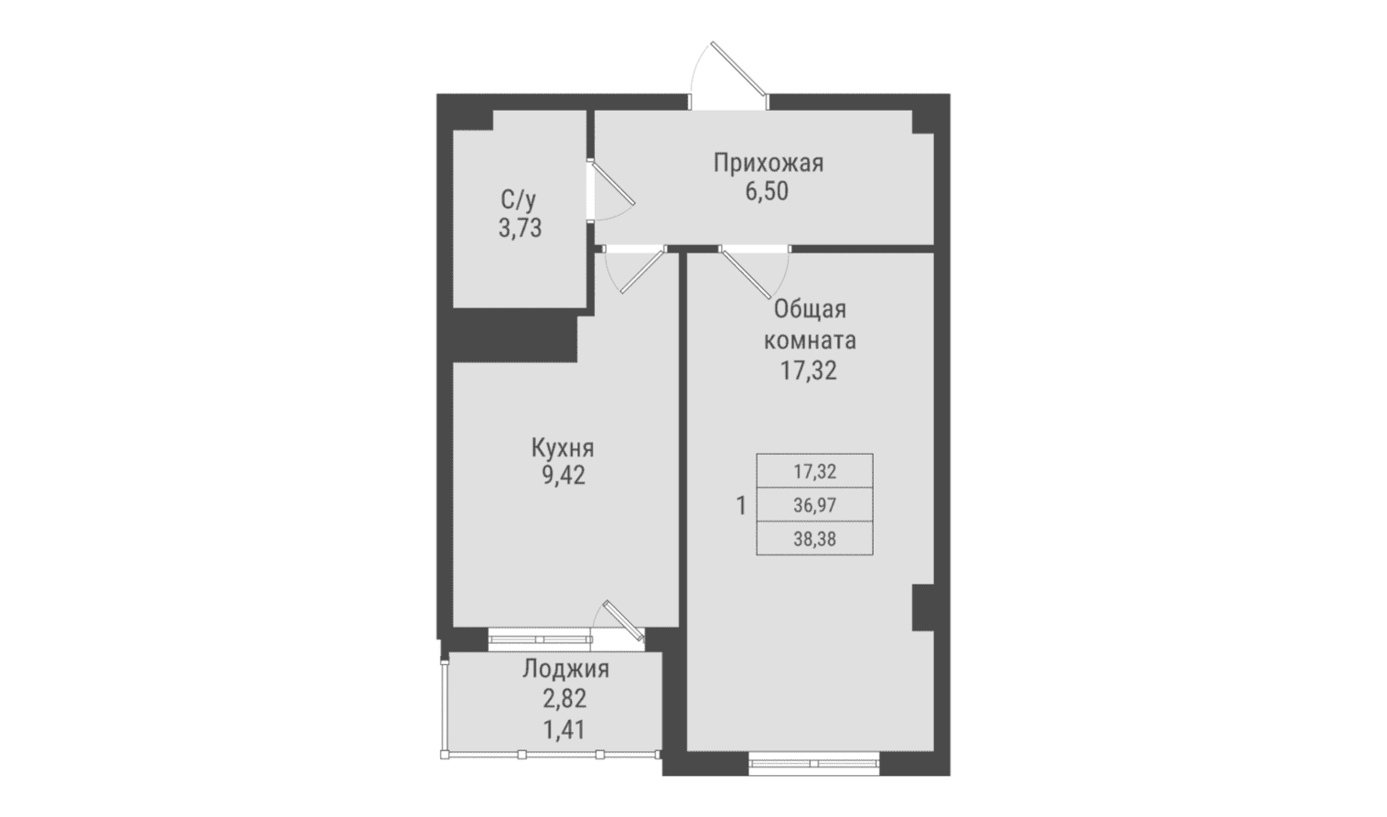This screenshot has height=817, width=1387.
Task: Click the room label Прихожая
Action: tap(769, 164)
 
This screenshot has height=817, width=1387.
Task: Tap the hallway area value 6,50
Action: tap(767, 192)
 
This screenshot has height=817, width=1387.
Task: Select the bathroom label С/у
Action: tap(518, 200)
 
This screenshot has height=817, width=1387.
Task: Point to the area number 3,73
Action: tap(520, 229)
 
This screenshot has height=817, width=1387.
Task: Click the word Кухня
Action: tap(563, 447)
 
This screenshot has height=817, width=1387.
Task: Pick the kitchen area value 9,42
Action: tap(564, 476)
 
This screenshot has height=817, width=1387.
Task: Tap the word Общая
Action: tap(810, 309)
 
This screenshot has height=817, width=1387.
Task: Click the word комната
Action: tap(810, 340)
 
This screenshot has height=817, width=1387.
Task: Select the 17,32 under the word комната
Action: tap(809, 371)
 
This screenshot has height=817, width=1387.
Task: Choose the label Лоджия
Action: tap(566, 671)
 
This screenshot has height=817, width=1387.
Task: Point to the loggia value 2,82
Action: tap(564, 700)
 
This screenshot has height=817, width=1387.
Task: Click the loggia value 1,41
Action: tap(564, 730)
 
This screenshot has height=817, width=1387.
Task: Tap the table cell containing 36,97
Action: tap(815, 505)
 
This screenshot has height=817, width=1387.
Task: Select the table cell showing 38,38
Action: tap(815, 539)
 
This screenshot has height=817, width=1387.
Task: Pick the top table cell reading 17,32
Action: tap(815, 471)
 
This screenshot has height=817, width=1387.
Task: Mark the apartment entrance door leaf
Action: tap(739, 69)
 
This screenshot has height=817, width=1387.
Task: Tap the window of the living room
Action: tap(814, 763)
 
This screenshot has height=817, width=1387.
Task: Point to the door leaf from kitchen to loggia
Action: tap(624, 620)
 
